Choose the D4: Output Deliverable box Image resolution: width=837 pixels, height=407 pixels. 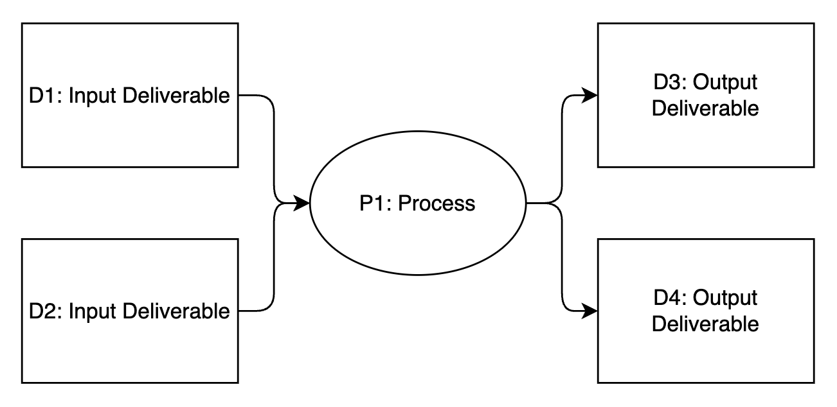coord(705,359)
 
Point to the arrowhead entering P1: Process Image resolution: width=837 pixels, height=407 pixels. coord(303,203)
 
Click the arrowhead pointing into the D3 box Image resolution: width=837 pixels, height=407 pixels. coord(590,96)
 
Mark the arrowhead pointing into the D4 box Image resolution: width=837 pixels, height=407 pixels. coord(590,311)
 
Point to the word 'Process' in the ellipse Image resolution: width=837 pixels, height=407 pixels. coord(437,203)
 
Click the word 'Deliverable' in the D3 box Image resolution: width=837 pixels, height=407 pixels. coord(705,108)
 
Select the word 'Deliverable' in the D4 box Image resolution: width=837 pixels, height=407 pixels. coord(705,324)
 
